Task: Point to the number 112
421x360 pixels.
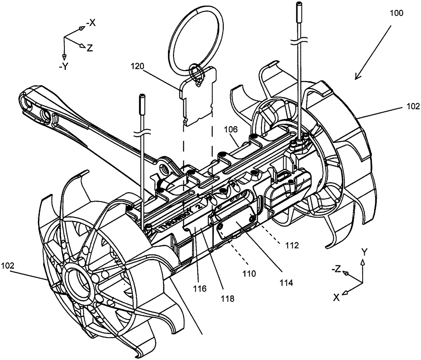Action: click(x=292, y=245)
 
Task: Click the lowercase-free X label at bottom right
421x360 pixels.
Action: click(x=336, y=297)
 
